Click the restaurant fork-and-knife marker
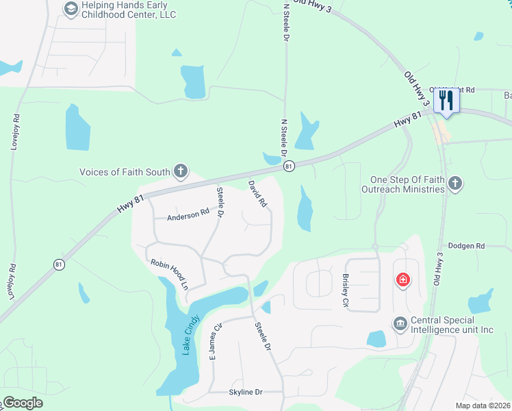(x=446, y=100)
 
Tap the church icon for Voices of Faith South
(x=181, y=171)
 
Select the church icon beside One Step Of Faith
(x=456, y=184)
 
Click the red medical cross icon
(x=403, y=279)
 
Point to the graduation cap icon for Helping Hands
(x=71, y=9)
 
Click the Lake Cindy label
(x=190, y=335)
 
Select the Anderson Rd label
(x=188, y=215)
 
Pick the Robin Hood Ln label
(x=168, y=273)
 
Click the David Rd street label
(x=257, y=194)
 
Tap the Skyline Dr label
(x=246, y=392)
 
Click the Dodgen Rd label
(x=466, y=245)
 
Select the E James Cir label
(x=217, y=342)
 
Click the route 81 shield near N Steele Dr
(x=289, y=166)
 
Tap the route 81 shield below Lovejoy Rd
(x=59, y=264)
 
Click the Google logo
(x=23, y=403)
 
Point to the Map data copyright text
(x=483, y=406)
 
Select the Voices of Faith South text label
(x=126, y=172)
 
